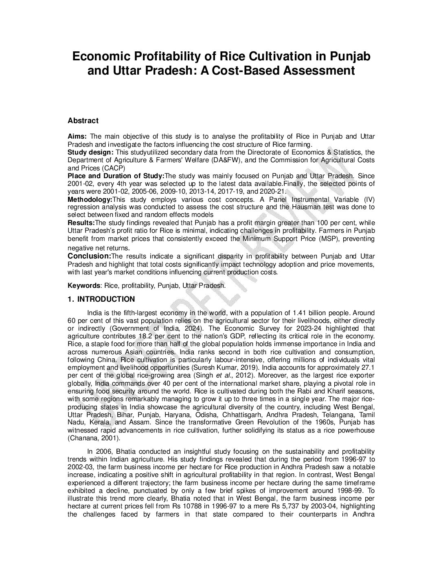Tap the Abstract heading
pos(83,121)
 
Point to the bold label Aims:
pos(77,136)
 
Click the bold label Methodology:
pos(90,199)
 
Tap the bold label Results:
pos(81,223)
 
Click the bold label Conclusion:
pos(89,256)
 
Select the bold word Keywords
pos(83,286)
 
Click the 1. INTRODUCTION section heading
pos(101,299)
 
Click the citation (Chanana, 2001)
pos(94,438)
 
